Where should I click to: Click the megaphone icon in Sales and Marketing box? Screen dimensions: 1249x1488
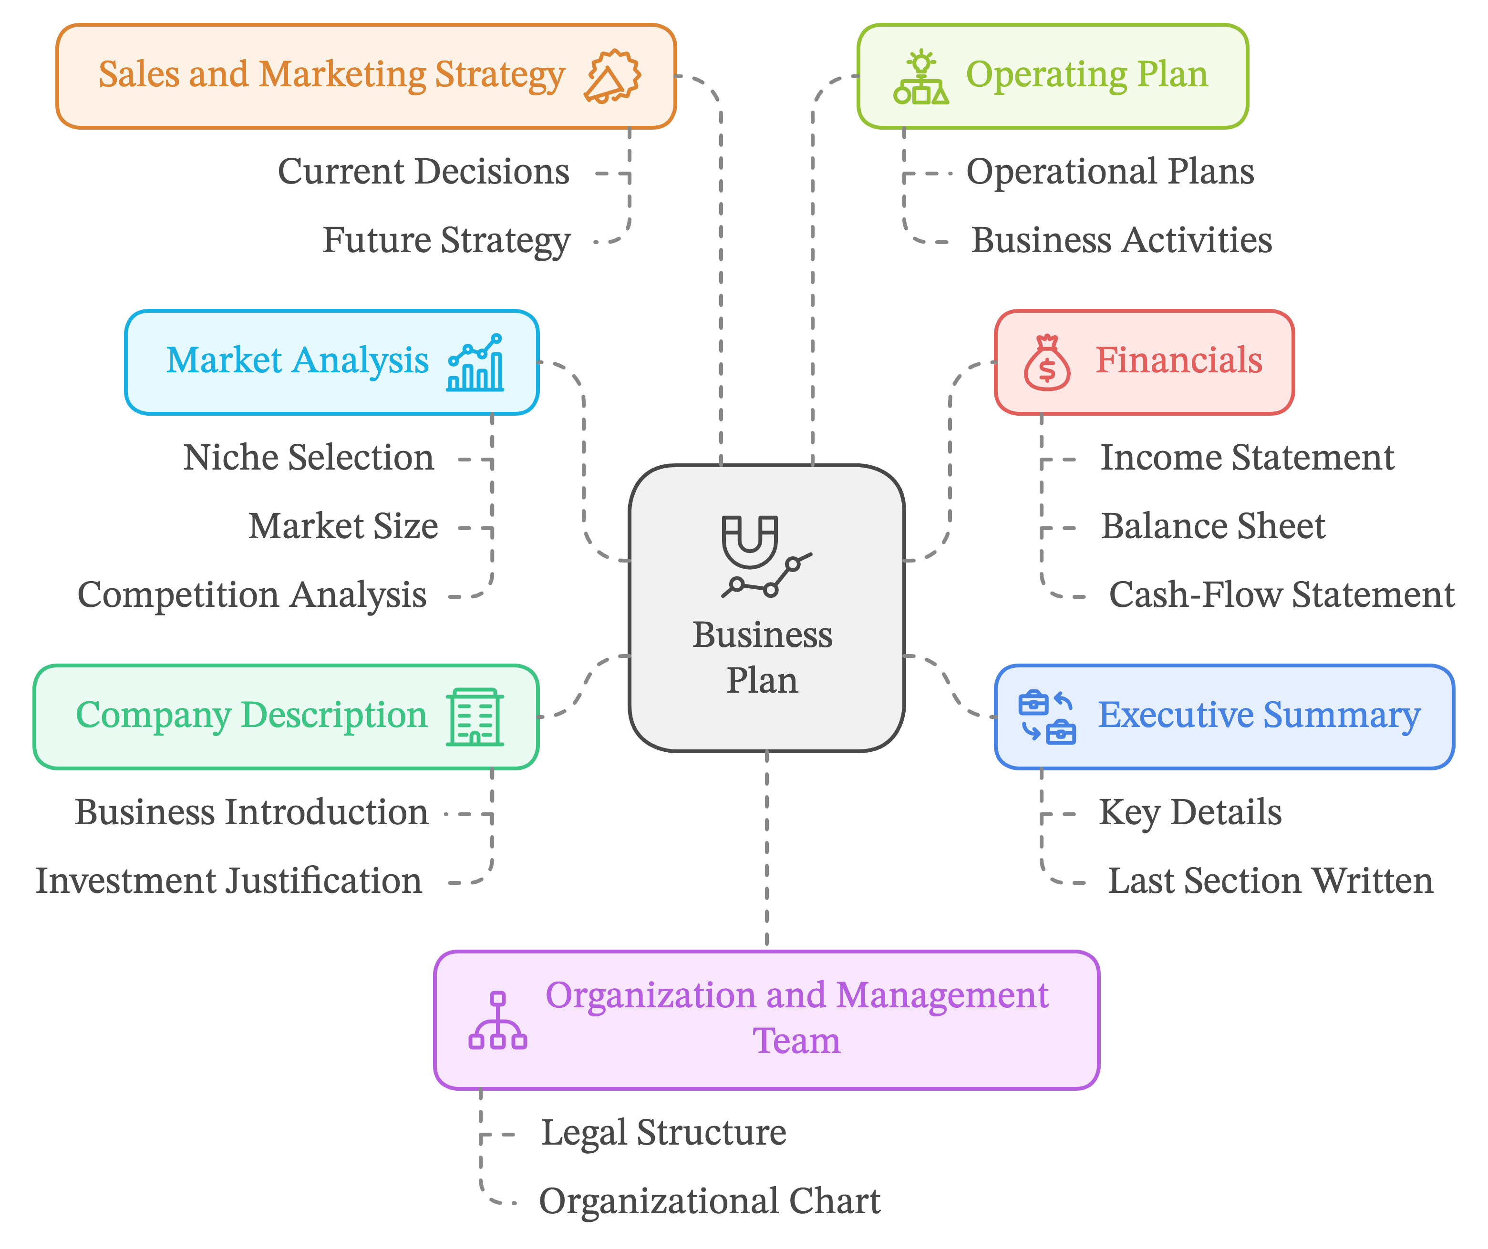(x=612, y=76)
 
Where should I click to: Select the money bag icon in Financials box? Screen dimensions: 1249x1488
(x=1046, y=363)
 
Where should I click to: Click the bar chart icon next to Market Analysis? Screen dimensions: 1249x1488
(x=475, y=363)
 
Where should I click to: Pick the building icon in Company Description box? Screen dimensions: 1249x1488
(x=475, y=717)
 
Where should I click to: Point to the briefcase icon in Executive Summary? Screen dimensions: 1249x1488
(x=1046, y=717)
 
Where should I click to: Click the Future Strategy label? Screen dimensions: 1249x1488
(x=446, y=240)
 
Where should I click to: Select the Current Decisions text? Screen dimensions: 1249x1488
(x=423, y=172)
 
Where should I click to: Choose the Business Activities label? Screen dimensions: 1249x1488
(x=1121, y=240)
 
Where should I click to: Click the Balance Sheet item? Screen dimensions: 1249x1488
(x=1212, y=526)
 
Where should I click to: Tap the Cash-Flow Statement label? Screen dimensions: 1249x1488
(x=1281, y=595)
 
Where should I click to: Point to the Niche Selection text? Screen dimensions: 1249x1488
(x=308, y=458)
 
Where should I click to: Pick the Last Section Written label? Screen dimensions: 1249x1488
(x=1270, y=881)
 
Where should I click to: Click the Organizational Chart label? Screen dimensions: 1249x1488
(x=709, y=1201)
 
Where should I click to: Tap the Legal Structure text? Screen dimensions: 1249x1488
(x=663, y=1133)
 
